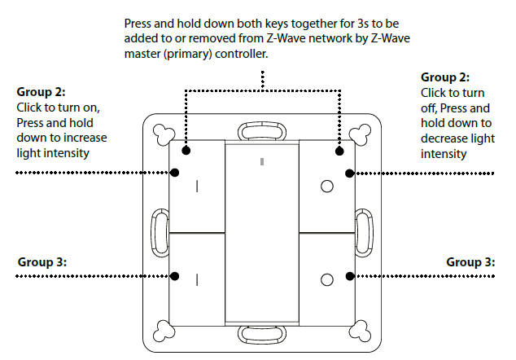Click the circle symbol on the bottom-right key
pos(327,279)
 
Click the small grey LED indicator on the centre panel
pos(261,162)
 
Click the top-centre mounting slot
pos(261,133)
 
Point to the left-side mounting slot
pos(160,232)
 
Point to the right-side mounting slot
pos(363,232)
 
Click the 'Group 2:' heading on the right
pos(445,77)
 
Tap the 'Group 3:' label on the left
pos(41,262)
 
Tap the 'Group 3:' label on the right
pos(470,262)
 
